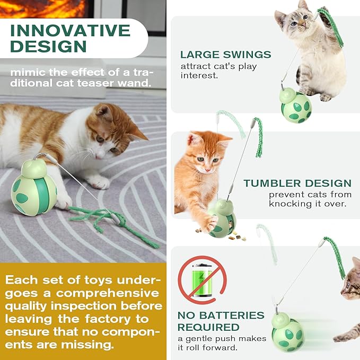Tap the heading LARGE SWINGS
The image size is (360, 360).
[x=225, y=55]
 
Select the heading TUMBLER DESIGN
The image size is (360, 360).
[x=297, y=183]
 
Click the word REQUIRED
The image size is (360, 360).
[x=208, y=328]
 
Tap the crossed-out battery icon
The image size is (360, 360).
[x=201, y=279]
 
